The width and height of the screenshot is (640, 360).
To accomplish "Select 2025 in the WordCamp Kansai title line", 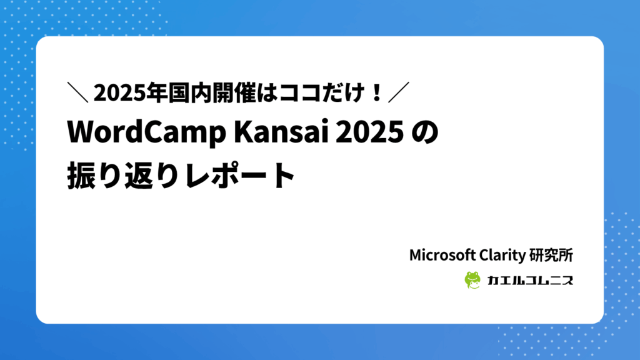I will (x=369, y=133).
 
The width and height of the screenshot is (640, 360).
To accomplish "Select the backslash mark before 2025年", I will (x=78, y=94).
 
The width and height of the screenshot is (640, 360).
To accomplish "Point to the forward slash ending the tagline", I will (x=398, y=94).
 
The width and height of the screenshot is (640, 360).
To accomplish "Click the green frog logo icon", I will (x=472, y=280).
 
